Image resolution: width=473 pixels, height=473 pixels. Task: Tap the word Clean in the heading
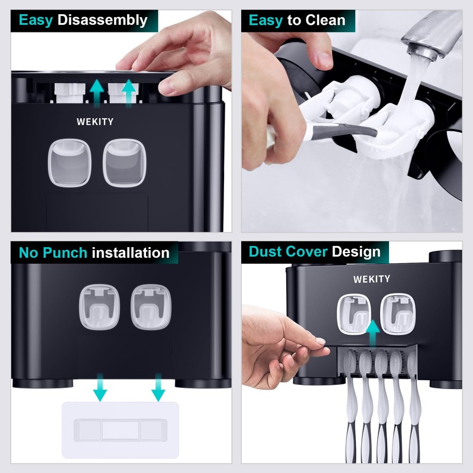coord(325,20)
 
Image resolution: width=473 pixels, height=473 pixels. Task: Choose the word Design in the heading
coord(356,251)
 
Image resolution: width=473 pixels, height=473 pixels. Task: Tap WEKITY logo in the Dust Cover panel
coord(372,278)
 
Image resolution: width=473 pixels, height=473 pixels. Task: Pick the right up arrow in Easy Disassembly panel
coord(128,93)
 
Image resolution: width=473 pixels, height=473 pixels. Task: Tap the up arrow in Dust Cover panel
coord(372,332)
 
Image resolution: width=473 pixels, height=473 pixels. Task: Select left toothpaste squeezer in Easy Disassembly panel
coord(69,163)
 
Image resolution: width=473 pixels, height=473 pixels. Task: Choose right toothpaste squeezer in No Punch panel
coord(147,306)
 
